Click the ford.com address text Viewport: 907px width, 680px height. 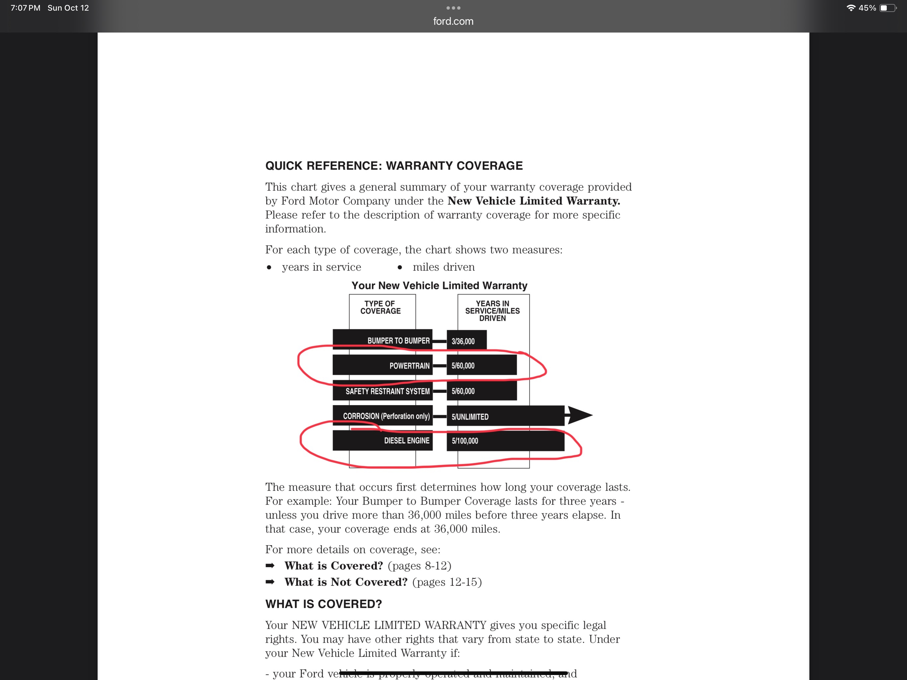453,21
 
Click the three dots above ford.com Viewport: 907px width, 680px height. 453,8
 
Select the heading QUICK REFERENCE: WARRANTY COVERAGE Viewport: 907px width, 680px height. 394,166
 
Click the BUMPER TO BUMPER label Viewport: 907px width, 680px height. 398,341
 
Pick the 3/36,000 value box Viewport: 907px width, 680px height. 466,341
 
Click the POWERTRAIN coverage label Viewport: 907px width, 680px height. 409,366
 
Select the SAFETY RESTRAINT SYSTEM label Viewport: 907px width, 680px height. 387,391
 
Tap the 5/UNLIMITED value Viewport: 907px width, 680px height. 470,417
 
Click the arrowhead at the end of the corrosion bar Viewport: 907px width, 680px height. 579,415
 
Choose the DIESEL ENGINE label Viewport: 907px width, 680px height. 406,441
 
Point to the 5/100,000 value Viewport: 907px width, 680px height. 465,441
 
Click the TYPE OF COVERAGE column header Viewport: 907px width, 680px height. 380,307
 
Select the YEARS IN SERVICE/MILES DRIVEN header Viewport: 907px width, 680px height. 492,310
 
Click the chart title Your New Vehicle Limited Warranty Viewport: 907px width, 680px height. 439,286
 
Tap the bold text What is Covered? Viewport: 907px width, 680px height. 334,565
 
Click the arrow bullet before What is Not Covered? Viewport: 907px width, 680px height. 270,582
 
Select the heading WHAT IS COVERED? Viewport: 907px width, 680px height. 323,604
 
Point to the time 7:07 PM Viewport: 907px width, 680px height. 26,8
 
